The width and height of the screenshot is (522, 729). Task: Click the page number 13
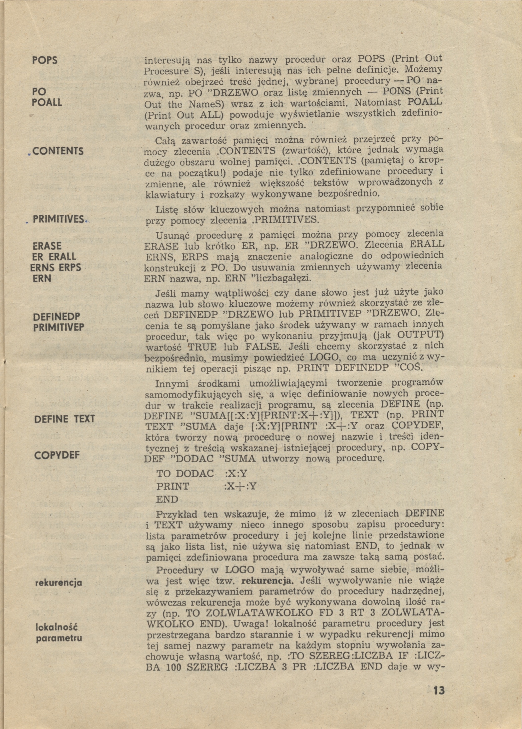click(439, 690)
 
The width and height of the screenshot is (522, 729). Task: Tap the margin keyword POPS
click(45, 60)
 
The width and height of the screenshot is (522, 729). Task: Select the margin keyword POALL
click(47, 102)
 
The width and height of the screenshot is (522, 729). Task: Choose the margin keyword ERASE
click(47, 246)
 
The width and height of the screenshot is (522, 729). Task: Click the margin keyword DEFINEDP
click(57, 316)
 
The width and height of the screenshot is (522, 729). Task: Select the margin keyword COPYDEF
click(57, 455)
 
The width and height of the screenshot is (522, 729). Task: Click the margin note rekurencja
click(58, 583)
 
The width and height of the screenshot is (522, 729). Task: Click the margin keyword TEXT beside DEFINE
click(84, 419)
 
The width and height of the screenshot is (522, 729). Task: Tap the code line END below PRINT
click(167, 499)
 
